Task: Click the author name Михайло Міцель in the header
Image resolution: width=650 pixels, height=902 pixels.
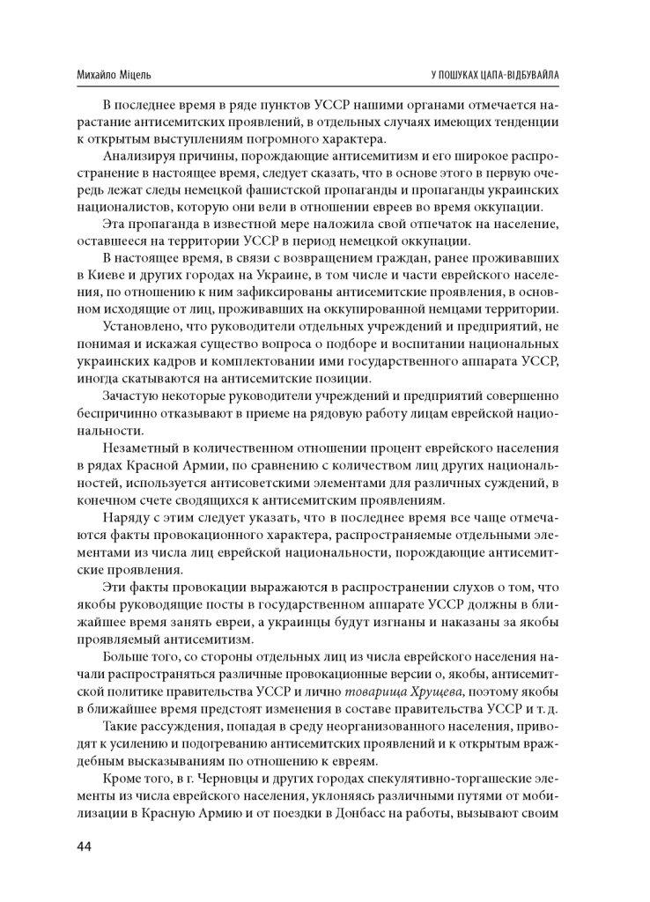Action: coord(114,75)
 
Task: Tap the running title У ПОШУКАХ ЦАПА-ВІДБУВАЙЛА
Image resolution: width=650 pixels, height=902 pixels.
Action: coord(491,75)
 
